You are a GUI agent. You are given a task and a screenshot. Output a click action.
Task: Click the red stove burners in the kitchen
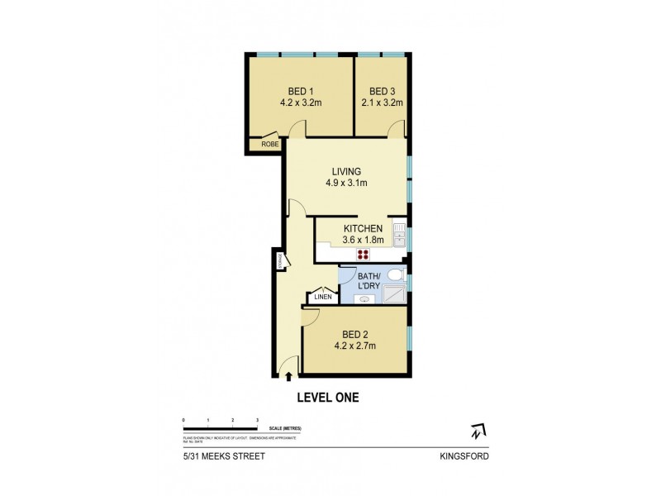(x=362, y=254)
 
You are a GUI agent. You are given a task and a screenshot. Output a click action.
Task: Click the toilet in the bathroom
(x=396, y=274)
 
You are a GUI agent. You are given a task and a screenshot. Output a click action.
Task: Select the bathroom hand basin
(x=364, y=299)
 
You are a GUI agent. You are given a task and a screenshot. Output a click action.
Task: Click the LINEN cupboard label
(x=322, y=297)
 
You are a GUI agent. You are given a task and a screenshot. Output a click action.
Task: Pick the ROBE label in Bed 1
(x=269, y=145)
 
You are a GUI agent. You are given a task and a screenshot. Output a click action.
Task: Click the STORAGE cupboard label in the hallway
(x=281, y=260)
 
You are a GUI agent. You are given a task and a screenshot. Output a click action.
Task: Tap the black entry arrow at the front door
(x=288, y=377)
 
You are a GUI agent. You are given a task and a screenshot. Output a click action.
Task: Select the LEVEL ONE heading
(x=327, y=398)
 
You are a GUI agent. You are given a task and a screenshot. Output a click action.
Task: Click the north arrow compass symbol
(x=477, y=432)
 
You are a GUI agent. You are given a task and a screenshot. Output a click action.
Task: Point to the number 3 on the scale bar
(x=258, y=421)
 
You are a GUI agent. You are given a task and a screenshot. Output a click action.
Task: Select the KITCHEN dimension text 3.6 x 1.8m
(x=361, y=240)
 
